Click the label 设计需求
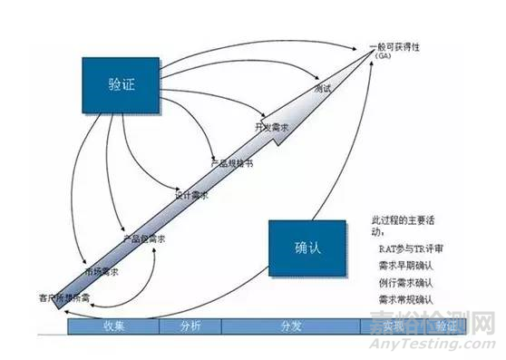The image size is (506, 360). click(192, 195)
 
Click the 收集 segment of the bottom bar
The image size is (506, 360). click(115, 326)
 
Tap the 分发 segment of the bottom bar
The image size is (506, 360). click(290, 326)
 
